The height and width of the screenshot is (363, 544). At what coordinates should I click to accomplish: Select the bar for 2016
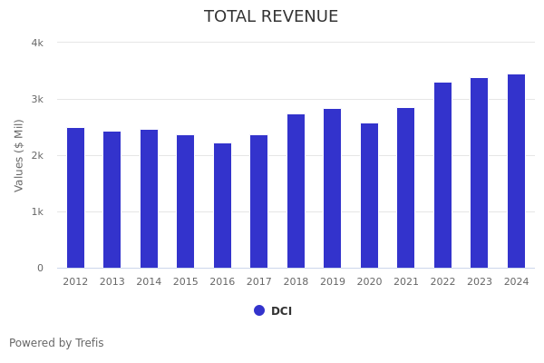(222, 206)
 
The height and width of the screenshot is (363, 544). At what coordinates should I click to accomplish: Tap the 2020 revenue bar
(369, 196)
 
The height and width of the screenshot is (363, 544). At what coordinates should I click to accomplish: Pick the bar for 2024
(516, 172)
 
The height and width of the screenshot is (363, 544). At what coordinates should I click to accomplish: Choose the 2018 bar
(296, 191)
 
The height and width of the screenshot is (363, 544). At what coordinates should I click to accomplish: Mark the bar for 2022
(442, 175)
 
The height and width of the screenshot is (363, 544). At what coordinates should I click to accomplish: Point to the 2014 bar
(149, 199)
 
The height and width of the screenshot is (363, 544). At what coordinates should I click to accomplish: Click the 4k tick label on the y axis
(37, 43)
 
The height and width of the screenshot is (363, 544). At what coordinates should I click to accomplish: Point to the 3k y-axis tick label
(37, 99)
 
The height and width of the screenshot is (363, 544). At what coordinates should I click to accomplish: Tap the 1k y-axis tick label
(37, 211)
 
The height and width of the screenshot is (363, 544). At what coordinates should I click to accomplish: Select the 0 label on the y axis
(40, 268)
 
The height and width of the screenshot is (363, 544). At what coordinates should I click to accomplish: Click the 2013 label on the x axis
(112, 282)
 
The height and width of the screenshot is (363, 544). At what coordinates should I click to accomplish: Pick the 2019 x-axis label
(333, 282)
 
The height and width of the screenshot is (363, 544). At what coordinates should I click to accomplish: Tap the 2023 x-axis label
(480, 282)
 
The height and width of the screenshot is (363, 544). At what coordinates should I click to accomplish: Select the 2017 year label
(259, 282)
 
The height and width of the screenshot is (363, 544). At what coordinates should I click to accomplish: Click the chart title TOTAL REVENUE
(271, 17)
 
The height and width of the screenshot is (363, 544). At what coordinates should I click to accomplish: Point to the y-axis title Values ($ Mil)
(19, 155)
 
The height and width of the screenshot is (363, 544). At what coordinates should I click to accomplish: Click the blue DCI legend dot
(259, 310)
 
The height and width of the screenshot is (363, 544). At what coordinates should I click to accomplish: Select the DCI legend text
(281, 311)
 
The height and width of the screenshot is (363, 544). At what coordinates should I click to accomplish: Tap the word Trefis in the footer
(89, 343)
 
